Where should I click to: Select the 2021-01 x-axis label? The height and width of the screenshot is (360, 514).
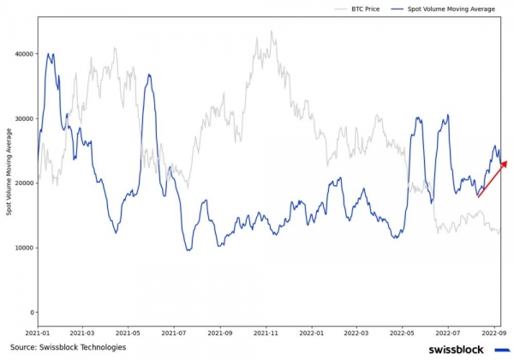(x=38, y=333)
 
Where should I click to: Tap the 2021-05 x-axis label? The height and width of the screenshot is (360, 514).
(x=128, y=333)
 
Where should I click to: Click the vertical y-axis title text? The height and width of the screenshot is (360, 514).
(x=9, y=171)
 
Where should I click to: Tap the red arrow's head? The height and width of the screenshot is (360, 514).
(x=505, y=162)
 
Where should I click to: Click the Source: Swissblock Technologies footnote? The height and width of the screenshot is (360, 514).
(x=68, y=347)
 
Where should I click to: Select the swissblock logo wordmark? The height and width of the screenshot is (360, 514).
(x=456, y=349)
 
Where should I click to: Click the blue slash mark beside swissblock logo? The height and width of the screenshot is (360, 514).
(x=500, y=349)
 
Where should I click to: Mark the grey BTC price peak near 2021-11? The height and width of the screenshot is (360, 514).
(x=272, y=33)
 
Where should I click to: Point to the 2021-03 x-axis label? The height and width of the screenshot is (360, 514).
(x=82, y=333)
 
